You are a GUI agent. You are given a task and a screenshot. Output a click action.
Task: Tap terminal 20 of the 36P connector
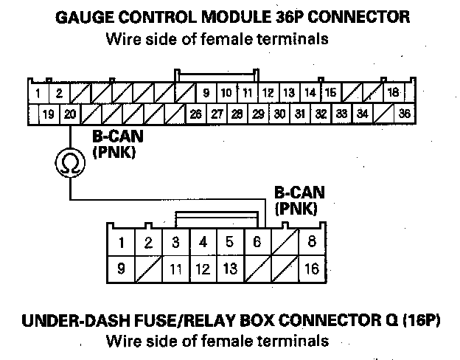point(70,114)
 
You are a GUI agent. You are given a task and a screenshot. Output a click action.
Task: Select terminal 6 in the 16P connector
point(256,242)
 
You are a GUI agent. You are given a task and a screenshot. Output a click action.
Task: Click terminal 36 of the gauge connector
point(403,114)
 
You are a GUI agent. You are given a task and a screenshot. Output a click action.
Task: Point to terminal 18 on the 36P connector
point(393,93)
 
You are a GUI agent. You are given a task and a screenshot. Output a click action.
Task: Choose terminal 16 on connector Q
point(312,269)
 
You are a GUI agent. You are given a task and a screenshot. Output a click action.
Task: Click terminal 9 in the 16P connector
point(121,269)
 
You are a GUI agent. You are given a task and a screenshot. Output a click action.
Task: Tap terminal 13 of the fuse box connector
point(229,269)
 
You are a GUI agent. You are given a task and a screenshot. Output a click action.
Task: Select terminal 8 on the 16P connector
point(312,242)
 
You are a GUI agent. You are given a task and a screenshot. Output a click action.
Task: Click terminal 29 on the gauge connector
point(258,114)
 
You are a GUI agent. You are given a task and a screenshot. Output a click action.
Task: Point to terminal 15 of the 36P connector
point(331,93)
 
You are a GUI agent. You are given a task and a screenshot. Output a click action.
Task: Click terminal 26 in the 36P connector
point(195,114)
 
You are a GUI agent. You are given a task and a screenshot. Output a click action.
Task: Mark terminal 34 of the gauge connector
point(363,114)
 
